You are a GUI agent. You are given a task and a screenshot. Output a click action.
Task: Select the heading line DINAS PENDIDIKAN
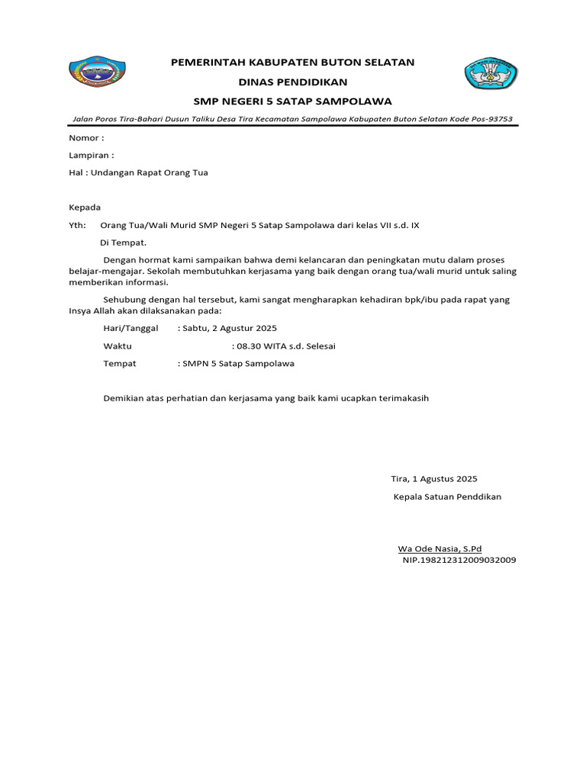click(293, 82)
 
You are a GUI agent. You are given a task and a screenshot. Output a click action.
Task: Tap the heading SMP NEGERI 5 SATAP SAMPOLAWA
click(293, 101)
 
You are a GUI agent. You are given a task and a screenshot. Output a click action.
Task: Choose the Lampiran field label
click(91, 155)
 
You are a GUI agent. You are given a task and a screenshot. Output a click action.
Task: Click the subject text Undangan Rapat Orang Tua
click(149, 172)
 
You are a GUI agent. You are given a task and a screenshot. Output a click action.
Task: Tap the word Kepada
click(85, 207)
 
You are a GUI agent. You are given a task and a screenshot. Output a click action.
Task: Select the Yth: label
click(78, 225)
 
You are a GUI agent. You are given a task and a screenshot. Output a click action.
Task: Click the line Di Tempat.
click(123, 243)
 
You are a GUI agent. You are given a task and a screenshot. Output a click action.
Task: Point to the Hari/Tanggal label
click(130, 328)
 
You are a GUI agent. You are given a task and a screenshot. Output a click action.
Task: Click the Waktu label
click(118, 346)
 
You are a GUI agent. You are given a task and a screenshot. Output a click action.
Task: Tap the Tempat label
click(120, 363)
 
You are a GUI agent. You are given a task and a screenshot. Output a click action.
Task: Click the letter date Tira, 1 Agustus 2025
click(433, 479)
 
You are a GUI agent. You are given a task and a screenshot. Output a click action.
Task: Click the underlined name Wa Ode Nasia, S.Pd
click(439, 548)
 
